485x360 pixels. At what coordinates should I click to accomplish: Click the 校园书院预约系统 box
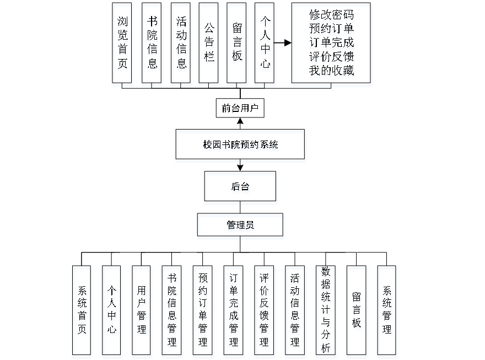point(240,146)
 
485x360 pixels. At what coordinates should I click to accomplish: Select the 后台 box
point(240,188)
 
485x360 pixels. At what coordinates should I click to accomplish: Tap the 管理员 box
point(241,227)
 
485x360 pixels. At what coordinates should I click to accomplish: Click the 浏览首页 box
point(123,45)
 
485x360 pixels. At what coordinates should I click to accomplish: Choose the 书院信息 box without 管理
point(152,45)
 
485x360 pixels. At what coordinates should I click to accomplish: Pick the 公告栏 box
point(209,45)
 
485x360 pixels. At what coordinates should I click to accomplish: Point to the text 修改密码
point(332,17)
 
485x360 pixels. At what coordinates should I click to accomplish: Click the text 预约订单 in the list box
point(332,30)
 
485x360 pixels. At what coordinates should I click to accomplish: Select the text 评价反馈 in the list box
point(332,57)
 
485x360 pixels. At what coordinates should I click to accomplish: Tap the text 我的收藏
point(332,71)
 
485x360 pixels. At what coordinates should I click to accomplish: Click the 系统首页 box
point(82,312)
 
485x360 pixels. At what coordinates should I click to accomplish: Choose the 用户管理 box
point(142,312)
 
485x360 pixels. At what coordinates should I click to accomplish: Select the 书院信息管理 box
point(173,312)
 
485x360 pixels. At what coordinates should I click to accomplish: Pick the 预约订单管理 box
point(203,312)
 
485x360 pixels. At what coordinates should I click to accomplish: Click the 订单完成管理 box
point(234,312)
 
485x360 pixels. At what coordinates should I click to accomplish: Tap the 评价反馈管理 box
point(265,312)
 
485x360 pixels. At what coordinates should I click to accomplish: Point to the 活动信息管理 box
point(295,312)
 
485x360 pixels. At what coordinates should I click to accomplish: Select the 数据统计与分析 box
point(326,312)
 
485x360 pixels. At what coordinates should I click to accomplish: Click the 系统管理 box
point(387,312)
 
